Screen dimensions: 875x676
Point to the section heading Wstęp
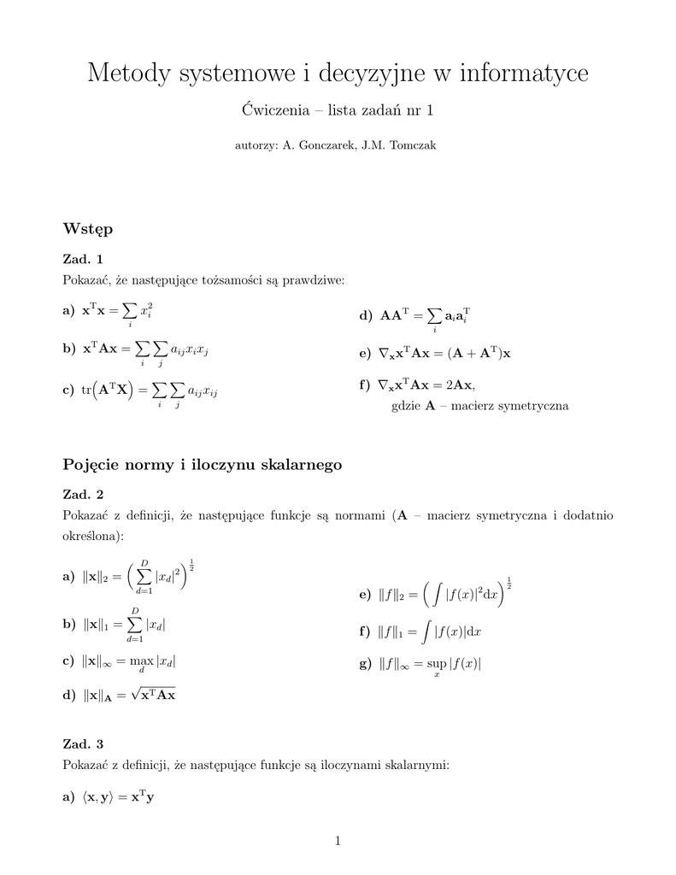coord(87,229)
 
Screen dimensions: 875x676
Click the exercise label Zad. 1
coord(84,259)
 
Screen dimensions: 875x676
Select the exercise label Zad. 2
coord(84,495)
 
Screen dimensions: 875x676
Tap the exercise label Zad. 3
coord(84,744)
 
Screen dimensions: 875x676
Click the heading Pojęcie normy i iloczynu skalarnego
coord(203,465)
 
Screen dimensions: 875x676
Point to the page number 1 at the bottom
coord(338,842)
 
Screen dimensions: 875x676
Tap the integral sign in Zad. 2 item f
coord(425,631)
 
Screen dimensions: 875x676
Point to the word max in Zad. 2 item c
coord(141,661)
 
